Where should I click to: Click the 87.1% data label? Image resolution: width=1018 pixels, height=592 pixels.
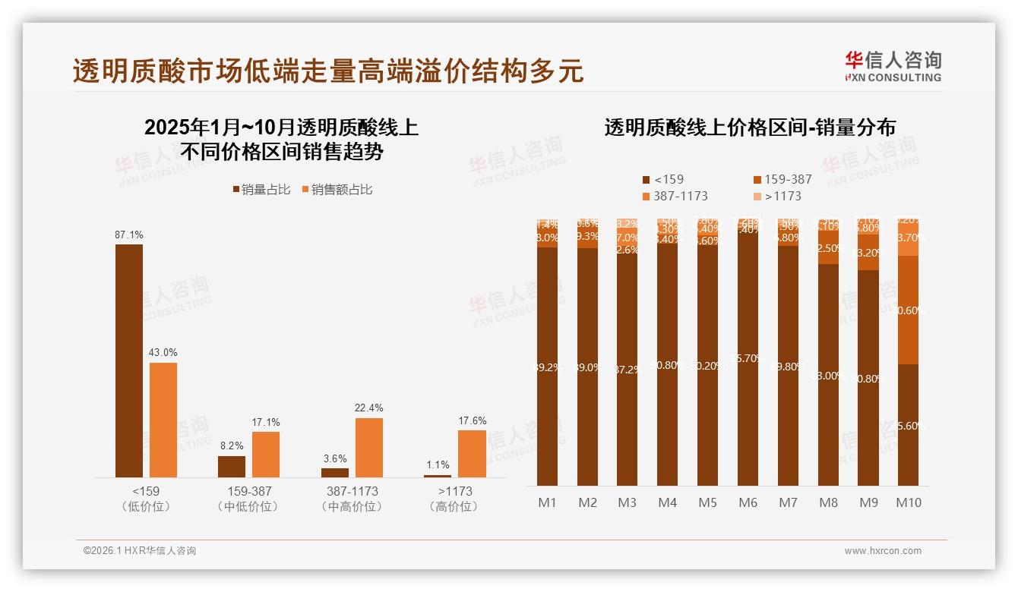(129, 235)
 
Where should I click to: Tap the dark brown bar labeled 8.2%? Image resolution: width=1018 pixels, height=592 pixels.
(232, 466)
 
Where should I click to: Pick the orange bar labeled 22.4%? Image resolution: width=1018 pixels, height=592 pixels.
(368, 447)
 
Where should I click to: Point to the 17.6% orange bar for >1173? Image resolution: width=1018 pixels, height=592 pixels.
(471, 453)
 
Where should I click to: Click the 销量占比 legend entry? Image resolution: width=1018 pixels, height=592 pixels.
(261, 190)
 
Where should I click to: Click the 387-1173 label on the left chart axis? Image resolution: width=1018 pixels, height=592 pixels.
(351, 491)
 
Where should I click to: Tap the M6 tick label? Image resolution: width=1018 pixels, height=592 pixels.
(748, 502)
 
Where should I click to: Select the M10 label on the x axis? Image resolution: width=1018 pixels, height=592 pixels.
(909, 502)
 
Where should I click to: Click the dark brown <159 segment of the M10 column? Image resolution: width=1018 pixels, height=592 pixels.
(908, 425)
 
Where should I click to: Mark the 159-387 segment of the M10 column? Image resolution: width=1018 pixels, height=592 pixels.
(908, 310)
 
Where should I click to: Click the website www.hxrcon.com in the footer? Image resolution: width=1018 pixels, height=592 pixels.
(883, 551)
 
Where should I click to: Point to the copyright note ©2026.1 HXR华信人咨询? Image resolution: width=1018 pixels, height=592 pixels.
(140, 551)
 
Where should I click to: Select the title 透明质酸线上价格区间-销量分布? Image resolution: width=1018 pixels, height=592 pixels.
(749, 128)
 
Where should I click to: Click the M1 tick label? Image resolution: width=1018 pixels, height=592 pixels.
(547, 502)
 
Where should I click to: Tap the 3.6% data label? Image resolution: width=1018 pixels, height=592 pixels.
(335, 458)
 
